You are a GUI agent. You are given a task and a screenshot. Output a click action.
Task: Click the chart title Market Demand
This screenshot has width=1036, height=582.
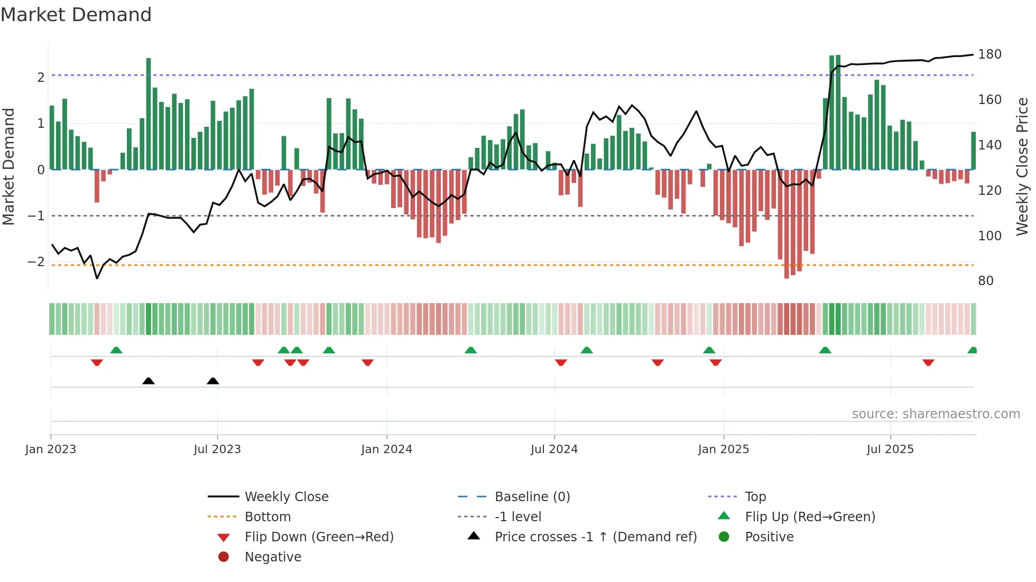(76, 15)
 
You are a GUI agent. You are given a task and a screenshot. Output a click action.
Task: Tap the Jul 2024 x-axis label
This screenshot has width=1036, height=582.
(554, 449)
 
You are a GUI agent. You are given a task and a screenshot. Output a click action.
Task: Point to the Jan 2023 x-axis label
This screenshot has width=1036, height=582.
(51, 449)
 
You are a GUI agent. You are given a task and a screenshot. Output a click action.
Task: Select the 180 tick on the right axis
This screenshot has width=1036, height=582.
(989, 54)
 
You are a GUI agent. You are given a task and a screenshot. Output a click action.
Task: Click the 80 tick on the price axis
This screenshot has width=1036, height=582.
(985, 281)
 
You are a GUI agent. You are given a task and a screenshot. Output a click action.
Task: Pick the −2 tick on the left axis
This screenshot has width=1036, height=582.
(36, 262)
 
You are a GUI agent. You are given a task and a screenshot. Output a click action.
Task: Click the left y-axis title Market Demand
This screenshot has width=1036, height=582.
(9, 166)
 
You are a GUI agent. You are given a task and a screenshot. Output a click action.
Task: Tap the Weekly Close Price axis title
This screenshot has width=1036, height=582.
(1022, 166)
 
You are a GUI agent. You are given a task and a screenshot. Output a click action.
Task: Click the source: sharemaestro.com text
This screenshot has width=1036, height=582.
(936, 414)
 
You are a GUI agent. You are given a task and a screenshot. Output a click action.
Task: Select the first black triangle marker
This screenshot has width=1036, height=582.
(149, 381)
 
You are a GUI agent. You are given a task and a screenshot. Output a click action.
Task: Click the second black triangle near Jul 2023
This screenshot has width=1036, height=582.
(213, 381)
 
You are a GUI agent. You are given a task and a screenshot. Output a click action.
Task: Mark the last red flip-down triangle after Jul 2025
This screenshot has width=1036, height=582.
(928, 362)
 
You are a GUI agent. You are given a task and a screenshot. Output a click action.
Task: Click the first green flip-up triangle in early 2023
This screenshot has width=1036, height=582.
(116, 350)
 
